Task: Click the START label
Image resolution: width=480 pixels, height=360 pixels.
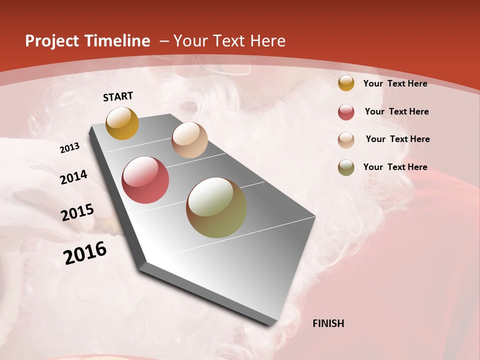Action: click(x=118, y=96)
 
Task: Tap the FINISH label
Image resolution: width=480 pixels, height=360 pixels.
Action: click(x=328, y=323)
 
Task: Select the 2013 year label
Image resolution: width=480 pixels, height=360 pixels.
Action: click(x=69, y=148)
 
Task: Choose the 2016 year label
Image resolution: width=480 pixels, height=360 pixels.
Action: click(x=85, y=253)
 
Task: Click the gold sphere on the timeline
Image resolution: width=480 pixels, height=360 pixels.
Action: click(x=122, y=123)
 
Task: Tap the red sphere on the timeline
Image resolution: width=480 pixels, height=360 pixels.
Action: click(x=145, y=180)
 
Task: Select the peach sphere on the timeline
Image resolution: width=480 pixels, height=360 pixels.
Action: click(x=189, y=140)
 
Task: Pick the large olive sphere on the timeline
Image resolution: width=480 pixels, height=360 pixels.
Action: click(x=216, y=207)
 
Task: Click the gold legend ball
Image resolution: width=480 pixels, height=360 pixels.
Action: click(x=346, y=83)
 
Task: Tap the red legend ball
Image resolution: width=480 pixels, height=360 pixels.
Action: click(x=346, y=112)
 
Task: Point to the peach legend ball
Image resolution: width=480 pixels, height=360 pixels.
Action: click(x=346, y=140)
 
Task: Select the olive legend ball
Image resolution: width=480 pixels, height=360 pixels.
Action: click(x=346, y=167)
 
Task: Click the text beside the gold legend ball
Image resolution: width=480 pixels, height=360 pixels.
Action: click(x=395, y=83)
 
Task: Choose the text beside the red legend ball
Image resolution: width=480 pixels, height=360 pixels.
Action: click(x=396, y=111)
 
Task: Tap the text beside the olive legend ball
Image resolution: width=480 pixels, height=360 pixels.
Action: click(x=395, y=167)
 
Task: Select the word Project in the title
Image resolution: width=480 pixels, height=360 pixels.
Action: click(x=51, y=41)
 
